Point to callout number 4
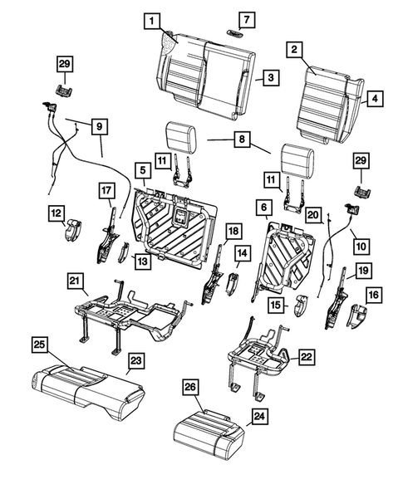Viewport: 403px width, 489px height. coord(375,98)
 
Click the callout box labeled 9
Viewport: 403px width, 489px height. coord(99,126)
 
